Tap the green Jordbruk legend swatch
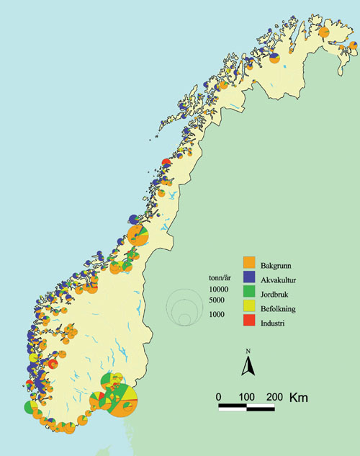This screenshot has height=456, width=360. (x=249, y=293)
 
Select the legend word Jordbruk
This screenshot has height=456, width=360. (x=276, y=293)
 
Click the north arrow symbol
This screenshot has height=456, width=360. (x=247, y=367)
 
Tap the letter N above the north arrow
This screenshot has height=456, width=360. (x=247, y=352)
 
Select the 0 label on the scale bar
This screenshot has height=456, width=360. (x=219, y=397)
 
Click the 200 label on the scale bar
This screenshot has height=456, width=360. (x=274, y=397)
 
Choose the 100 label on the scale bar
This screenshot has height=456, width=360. (x=246, y=397)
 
